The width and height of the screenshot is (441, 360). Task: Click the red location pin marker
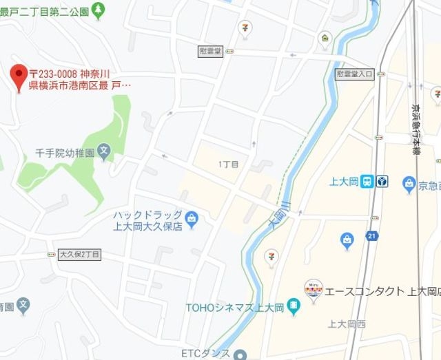(x=19, y=77)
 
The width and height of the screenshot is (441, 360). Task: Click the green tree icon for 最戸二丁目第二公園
(x=99, y=9)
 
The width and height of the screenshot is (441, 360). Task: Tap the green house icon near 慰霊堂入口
(x=325, y=38)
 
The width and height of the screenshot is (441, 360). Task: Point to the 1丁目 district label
(x=228, y=165)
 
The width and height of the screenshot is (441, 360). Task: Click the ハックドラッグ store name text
(x=148, y=215)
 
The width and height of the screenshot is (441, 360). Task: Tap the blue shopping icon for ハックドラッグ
(x=192, y=220)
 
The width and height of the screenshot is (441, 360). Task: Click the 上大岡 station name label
(x=342, y=182)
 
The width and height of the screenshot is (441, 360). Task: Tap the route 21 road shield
(x=372, y=236)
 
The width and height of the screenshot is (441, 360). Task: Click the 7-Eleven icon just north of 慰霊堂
(x=245, y=27)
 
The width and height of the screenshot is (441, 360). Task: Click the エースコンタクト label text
(x=376, y=291)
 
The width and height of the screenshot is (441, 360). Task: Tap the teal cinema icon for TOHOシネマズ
(x=294, y=306)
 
